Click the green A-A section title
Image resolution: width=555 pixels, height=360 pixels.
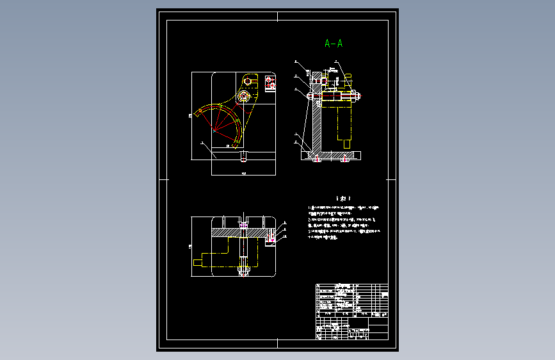click(x=334, y=44)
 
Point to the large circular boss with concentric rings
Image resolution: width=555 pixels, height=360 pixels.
click(x=243, y=96)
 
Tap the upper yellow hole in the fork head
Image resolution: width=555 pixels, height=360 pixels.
click(x=248, y=81)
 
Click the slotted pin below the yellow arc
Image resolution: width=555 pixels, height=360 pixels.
click(x=243, y=156)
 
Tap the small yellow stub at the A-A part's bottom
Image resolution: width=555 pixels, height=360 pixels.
click(x=348, y=143)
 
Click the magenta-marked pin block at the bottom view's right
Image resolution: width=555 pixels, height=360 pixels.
click(x=272, y=239)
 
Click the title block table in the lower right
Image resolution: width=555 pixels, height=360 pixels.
click(x=351, y=311)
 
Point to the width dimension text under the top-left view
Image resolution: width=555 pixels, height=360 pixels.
click(x=243, y=174)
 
